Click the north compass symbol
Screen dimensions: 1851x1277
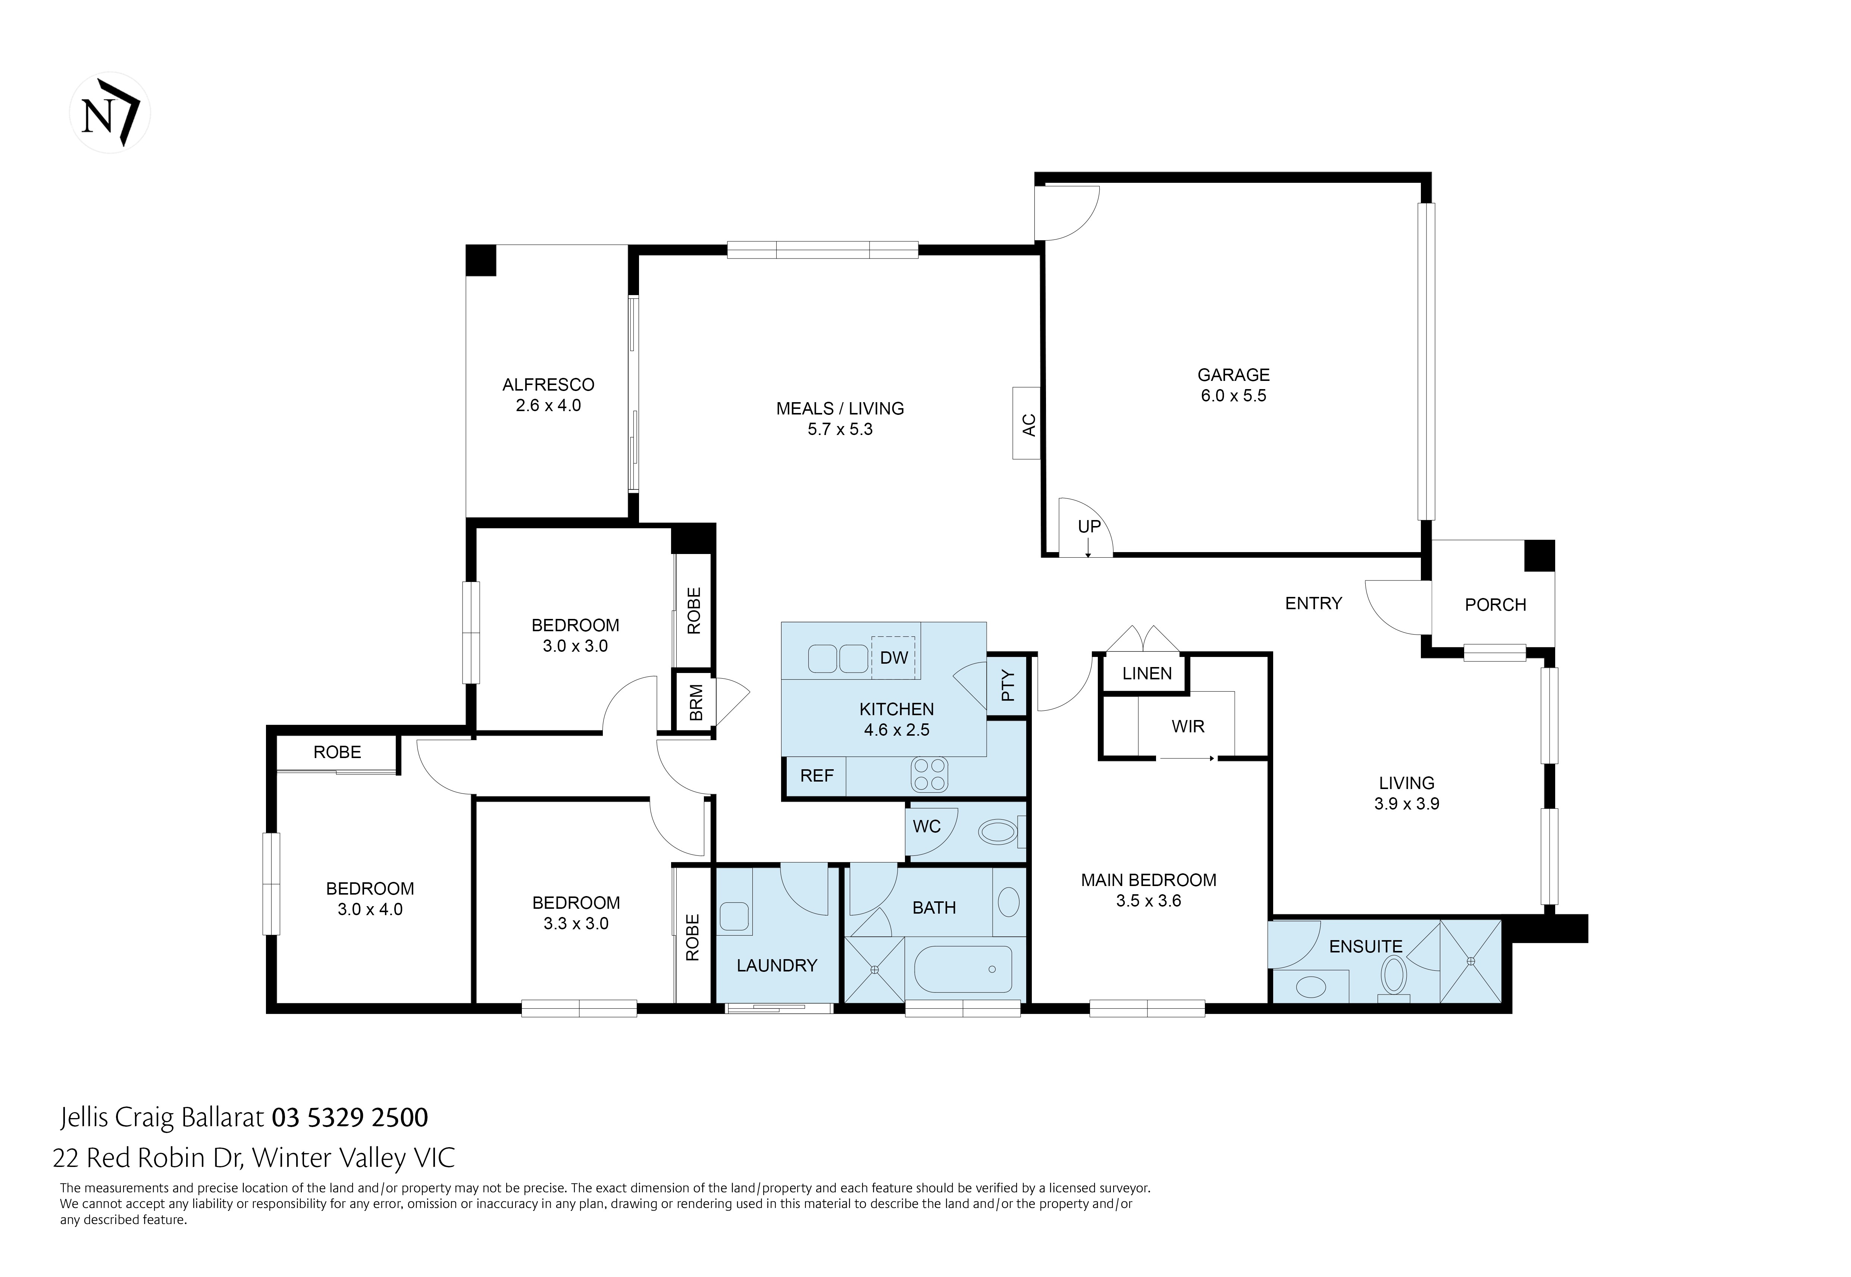[110, 113]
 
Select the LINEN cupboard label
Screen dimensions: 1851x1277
[1146, 673]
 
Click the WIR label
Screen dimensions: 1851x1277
[1188, 726]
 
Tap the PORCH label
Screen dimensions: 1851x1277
[1495, 605]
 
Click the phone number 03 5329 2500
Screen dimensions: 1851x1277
[350, 1117]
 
